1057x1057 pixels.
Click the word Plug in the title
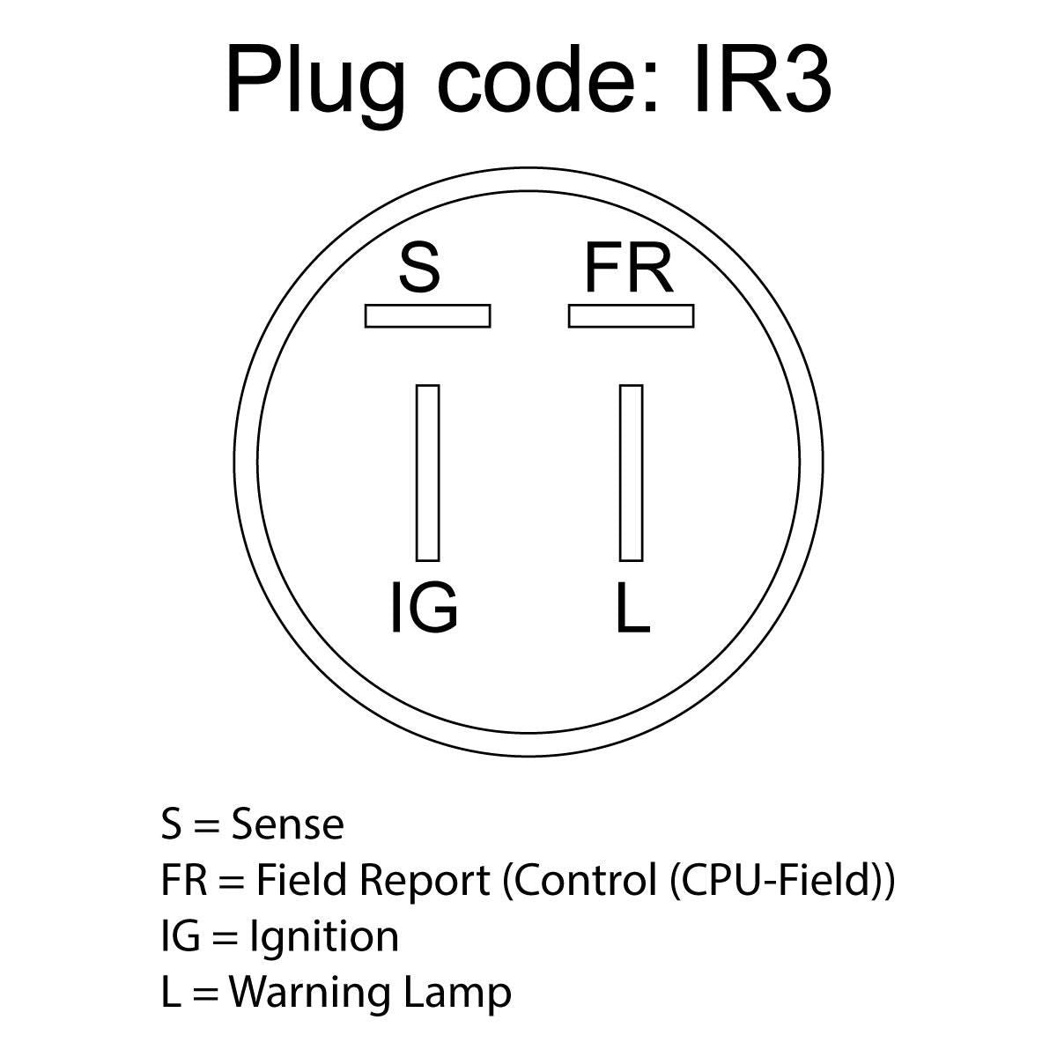[x=315, y=86]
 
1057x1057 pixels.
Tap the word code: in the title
[x=547, y=79]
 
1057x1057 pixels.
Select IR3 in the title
[x=763, y=79]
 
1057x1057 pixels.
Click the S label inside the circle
[x=419, y=269]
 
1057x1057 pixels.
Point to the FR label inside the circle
[x=629, y=269]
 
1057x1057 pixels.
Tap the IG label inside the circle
[x=424, y=609]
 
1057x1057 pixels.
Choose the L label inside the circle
[x=633, y=609]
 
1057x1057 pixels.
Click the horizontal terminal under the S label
[x=428, y=316]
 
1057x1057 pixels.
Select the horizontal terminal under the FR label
[x=632, y=316]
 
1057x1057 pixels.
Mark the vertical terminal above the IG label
[x=428, y=473]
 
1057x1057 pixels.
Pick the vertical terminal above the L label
[x=632, y=473]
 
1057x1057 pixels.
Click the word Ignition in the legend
[x=324, y=937]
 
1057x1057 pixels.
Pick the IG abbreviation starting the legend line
[x=181, y=935]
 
